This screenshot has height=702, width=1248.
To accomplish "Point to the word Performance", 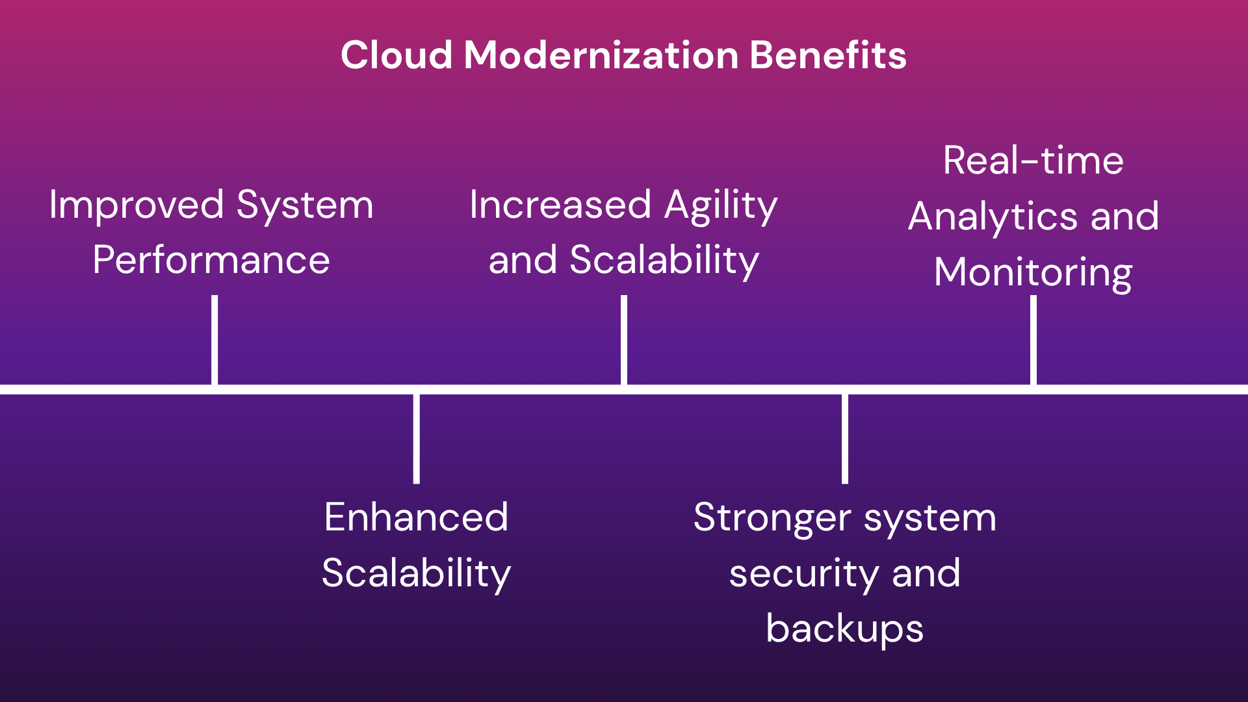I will tap(211, 261).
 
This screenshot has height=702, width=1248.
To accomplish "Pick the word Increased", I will tap(560, 205).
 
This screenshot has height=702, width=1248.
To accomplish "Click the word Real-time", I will tap(1033, 161).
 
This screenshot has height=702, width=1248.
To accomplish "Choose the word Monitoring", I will tap(1033, 273).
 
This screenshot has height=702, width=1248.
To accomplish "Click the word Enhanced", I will tap(416, 518).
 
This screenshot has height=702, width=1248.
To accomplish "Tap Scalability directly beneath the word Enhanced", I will tap(416, 574).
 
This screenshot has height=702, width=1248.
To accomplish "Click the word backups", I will tap(844, 629).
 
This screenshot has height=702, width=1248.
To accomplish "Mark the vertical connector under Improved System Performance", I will tap(214, 340).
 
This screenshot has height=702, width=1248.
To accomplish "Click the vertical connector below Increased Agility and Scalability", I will tap(624, 340).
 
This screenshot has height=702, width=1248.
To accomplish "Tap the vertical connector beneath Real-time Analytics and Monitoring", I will tap(1033, 340).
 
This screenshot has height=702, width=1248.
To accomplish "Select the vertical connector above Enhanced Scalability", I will tap(416, 439).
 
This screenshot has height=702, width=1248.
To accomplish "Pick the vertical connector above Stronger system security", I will tap(845, 439).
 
